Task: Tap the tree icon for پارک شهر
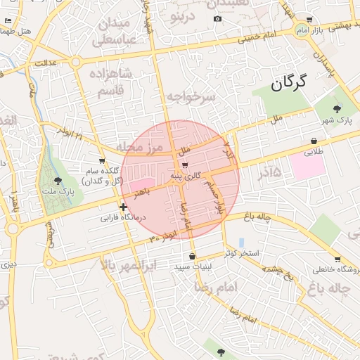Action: coord(337,108)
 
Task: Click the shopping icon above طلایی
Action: coord(313,141)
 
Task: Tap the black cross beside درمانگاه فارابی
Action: coord(124,207)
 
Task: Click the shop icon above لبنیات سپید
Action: coord(193,256)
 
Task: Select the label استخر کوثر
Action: coord(241,252)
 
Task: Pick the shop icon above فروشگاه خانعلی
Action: coord(337,259)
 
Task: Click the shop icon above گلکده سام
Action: coord(102,161)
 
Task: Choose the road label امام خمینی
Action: coord(257,35)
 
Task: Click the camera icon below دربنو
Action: coord(217,18)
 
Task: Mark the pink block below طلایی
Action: coord(307,166)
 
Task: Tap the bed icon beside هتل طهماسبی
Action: coord(8,21)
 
